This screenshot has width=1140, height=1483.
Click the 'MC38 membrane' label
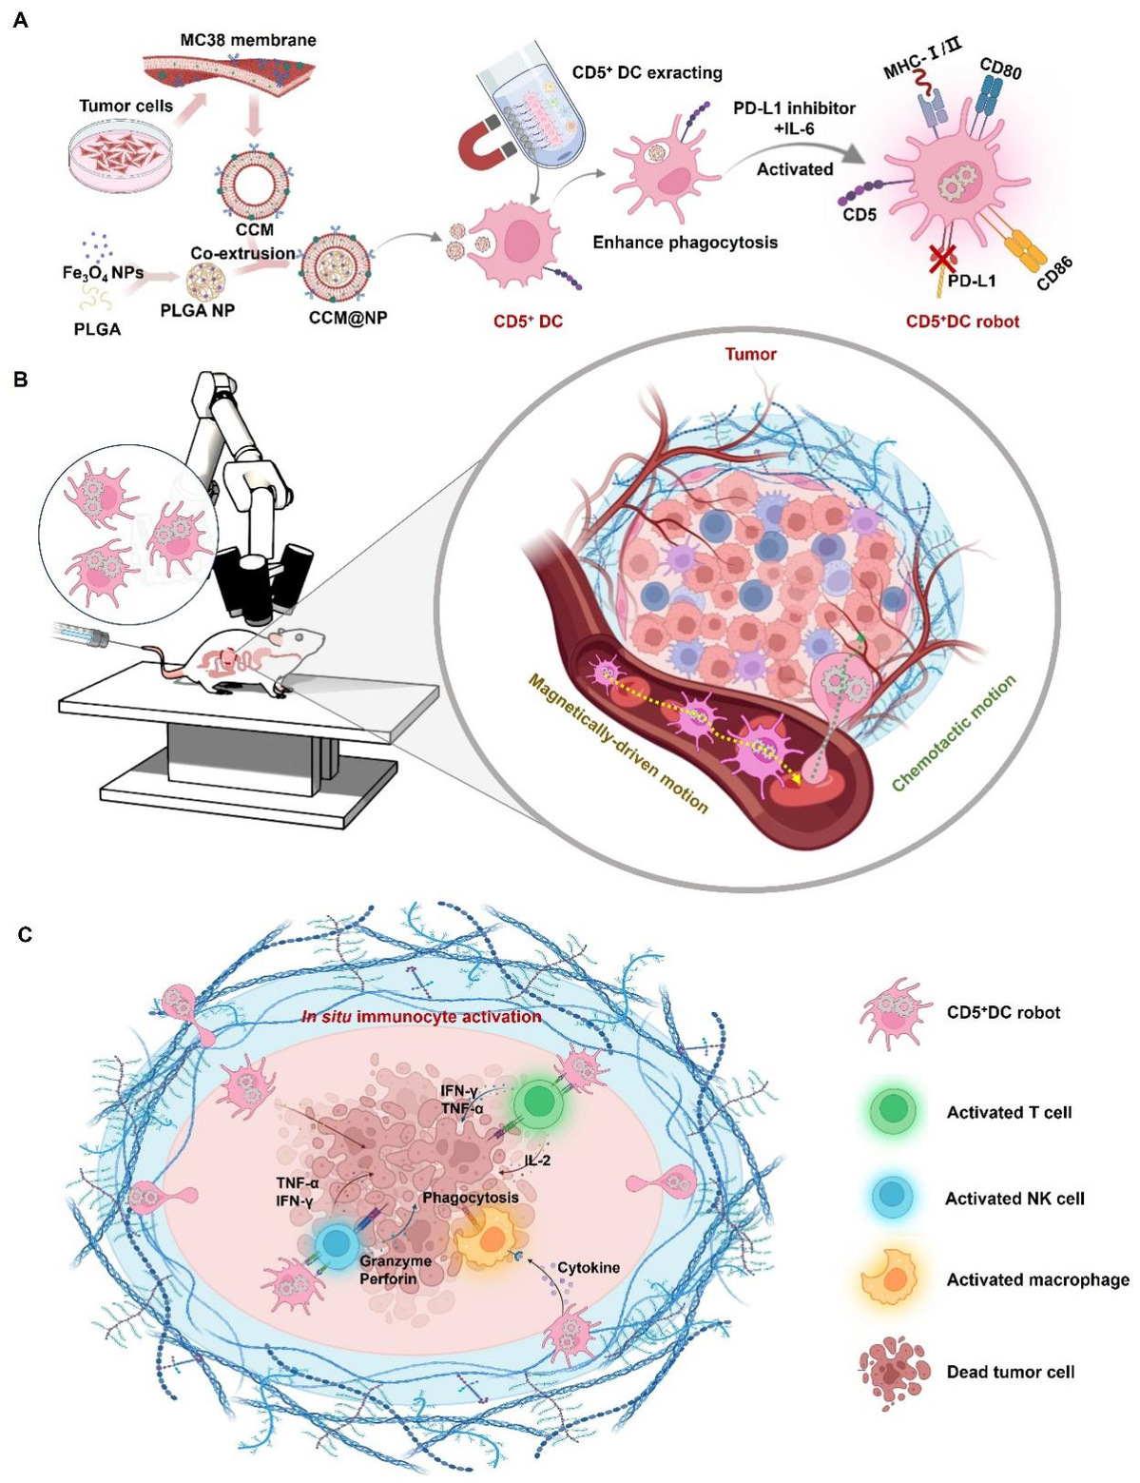point(248,40)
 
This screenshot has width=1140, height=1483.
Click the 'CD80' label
point(1001,68)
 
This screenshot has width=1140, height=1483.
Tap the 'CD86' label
point(1054,273)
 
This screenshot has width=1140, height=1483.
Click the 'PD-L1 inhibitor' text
point(794,107)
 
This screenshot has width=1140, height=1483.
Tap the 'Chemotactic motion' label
point(954,732)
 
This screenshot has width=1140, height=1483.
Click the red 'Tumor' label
point(751,354)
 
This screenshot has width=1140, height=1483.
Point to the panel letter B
point(21,381)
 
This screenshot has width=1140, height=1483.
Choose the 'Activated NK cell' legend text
point(1014,1199)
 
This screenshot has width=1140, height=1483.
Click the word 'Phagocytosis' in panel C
point(471,1197)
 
